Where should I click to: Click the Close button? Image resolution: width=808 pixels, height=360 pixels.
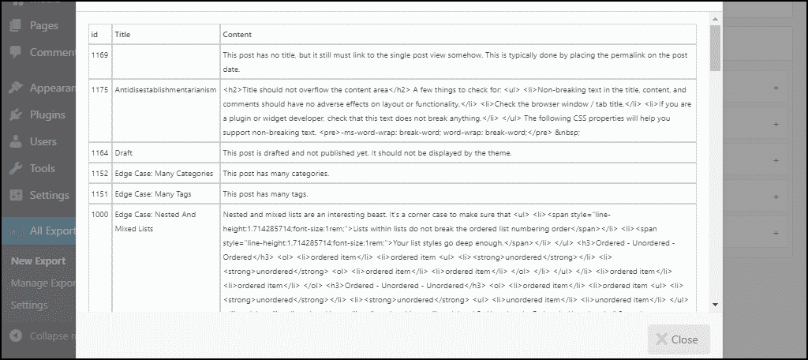click(679, 339)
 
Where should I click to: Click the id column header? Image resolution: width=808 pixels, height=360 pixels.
click(95, 34)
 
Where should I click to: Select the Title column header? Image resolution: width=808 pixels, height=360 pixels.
click(122, 34)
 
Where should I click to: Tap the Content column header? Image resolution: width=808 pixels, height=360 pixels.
click(238, 34)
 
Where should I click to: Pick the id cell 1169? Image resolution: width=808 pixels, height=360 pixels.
click(99, 55)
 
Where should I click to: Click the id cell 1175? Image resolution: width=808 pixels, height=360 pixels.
click(99, 90)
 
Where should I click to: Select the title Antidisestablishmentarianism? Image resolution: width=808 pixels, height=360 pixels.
click(165, 90)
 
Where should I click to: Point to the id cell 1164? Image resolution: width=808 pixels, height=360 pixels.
click(99, 152)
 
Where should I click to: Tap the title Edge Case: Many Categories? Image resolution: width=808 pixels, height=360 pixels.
click(164, 173)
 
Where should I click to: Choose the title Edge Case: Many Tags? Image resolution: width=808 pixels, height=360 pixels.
click(153, 194)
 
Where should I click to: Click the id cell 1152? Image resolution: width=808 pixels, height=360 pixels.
click(99, 173)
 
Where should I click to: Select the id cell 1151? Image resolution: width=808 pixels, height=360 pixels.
click(99, 194)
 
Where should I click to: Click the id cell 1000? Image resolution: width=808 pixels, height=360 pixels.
click(99, 215)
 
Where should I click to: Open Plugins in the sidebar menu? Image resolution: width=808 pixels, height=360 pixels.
click(47, 114)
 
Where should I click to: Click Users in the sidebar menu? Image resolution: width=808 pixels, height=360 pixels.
click(43, 141)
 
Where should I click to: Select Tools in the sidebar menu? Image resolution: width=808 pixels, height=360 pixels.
click(42, 168)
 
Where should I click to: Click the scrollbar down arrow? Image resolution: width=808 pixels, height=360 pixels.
click(715, 304)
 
